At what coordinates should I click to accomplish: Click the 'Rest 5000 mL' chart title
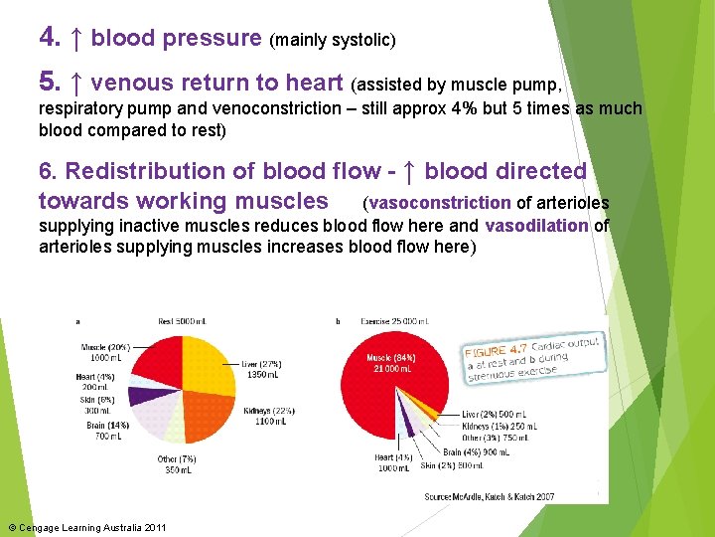[x=179, y=321]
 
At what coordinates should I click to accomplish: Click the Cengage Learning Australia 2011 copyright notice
[x=86, y=527]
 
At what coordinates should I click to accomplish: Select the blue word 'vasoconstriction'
[x=440, y=203]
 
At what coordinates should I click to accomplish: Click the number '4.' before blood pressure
[x=50, y=38]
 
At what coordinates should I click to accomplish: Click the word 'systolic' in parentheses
[x=363, y=41]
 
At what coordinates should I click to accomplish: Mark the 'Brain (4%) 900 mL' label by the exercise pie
[x=486, y=452]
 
